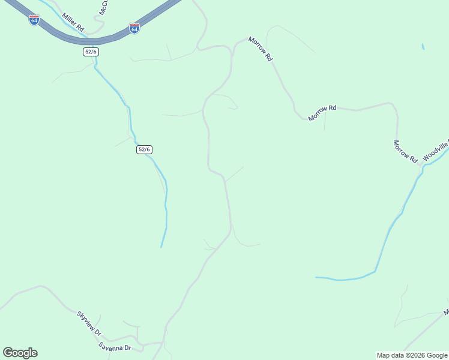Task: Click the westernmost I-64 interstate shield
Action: [x=34, y=20]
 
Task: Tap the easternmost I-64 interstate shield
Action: [x=134, y=28]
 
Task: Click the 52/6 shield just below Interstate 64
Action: [x=91, y=52]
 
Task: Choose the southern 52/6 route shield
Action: [x=144, y=149]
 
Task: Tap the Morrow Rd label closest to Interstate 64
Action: [x=261, y=49]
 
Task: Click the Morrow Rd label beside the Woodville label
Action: [x=405, y=151]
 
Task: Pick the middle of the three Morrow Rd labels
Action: [x=322, y=113]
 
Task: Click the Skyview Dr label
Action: [x=89, y=323]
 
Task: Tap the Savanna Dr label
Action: [x=115, y=347]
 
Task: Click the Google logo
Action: [x=20, y=353]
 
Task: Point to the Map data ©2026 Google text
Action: [x=412, y=355]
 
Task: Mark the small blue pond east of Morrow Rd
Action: [x=423, y=47]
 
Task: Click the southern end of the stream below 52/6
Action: [x=161, y=247]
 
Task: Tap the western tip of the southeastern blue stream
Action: [x=316, y=277]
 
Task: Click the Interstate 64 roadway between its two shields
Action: [x=84, y=40]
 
